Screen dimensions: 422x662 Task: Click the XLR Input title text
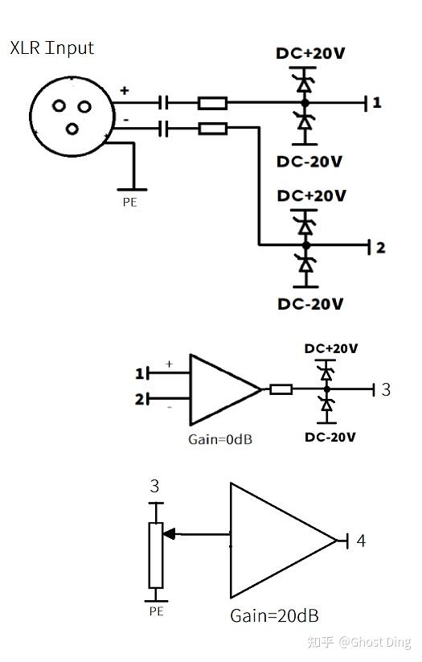pos(51,48)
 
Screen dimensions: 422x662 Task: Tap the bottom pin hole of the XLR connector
pos(72,128)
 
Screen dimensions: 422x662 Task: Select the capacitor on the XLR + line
pos(163,103)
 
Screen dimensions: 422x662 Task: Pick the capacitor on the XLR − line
pos(163,129)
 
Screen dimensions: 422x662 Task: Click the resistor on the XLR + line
pos(213,103)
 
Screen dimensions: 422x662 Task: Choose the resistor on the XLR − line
pos(213,129)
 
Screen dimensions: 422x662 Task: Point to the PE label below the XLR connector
pos(130,202)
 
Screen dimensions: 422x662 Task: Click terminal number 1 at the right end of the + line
pos(377,103)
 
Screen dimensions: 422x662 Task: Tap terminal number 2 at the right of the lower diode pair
pos(381,248)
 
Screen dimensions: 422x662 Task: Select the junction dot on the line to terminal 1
pos(305,103)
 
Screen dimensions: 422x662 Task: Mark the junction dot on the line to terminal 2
pos(306,245)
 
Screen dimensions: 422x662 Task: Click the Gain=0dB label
pos(220,439)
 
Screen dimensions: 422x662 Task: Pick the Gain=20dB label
pos(274,616)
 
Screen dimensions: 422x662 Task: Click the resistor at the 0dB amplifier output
pos(281,389)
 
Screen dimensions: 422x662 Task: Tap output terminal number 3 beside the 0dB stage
pos(386,389)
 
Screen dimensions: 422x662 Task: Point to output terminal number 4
pos(361,541)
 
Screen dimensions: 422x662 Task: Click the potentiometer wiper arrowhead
pos(168,534)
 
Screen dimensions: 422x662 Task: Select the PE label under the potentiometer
pos(156,611)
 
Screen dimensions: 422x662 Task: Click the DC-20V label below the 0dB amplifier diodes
pos(330,437)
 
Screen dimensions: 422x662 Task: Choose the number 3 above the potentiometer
pos(154,487)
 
